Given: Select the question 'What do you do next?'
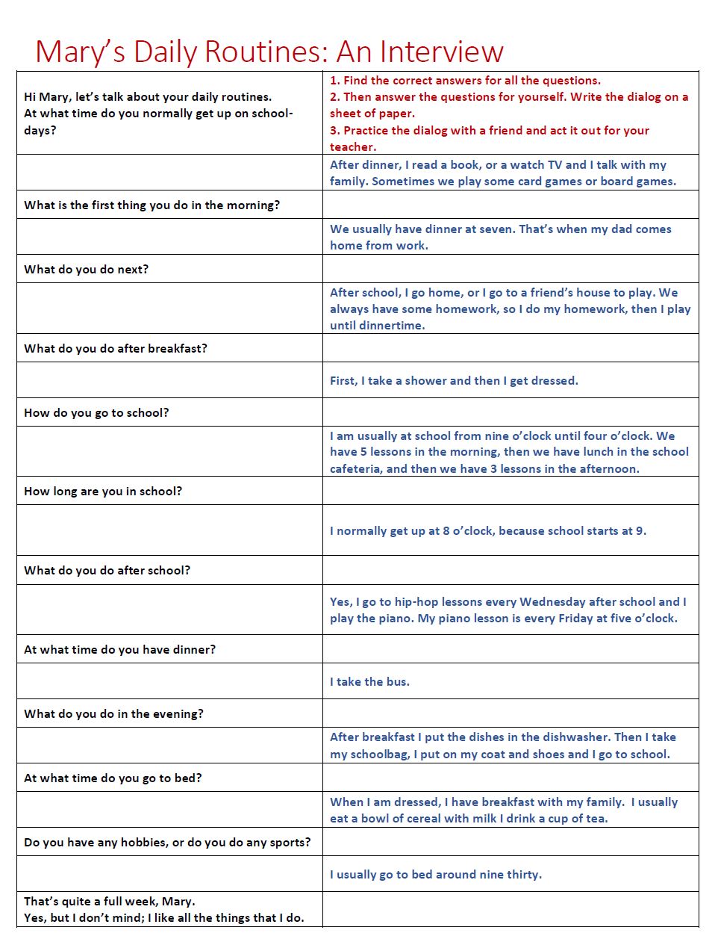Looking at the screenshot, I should pyautogui.click(x=86, y=269).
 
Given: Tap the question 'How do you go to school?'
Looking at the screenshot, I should pyautogui.click(x=96, y=412).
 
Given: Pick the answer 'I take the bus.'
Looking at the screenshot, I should pyautogui.click(x=369, y=681).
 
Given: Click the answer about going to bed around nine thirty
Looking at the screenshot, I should pyautogui.click(x=436, y=874).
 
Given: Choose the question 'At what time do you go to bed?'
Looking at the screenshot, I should pyautogui.click(x=113, y=778).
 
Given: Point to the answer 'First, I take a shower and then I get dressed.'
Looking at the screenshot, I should pyautogui.click(x=454, y=380).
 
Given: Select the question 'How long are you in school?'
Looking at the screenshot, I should pyautogui.click(x=103, y=491).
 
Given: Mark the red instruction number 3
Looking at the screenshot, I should pyautogui.click(x=334, y=130).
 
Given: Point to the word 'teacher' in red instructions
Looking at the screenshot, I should pyautogui.click(x=352, y=147).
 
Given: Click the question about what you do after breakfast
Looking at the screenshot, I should pyautogui.click(x=116, y=348).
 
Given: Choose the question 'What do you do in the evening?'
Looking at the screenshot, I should pyautogui.click(x=113, y=713).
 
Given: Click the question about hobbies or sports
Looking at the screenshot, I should pyautogui.click(x=167, y=842).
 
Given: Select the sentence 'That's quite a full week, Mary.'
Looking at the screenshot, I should pyautogui.click(x=110, y=901).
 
